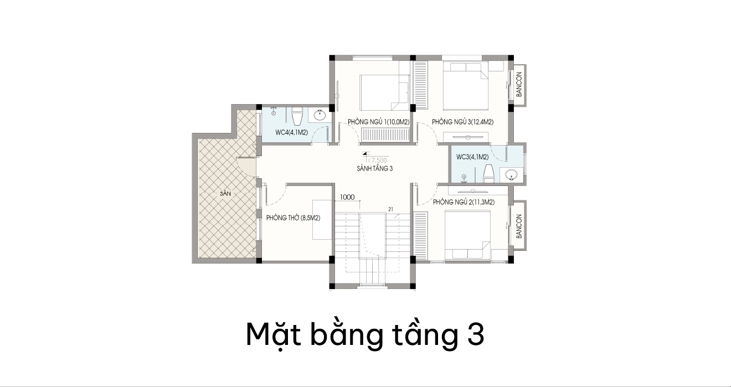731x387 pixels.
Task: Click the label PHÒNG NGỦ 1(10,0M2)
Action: (x=379, y=122)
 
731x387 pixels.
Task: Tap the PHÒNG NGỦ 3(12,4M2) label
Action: (x=463, y=122)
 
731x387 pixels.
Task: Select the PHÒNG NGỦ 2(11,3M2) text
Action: (x=464, y=202)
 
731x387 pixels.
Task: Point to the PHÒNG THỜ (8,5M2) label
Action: (x=293, y=218)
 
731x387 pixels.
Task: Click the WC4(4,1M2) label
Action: (x=291, y=132)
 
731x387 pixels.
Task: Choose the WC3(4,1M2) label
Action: (x=472, y=157)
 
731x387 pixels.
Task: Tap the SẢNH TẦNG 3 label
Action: (x=374, y=169)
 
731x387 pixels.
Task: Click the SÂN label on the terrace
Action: (x=225, y=194)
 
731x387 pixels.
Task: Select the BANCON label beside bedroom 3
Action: (x=519, y=84)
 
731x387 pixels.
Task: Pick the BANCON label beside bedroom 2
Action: (x=519, y=226)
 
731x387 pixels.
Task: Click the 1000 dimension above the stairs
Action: (x=347, y=197)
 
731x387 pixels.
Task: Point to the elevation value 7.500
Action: (x=377, y=160)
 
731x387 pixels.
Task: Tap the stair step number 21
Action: (x=390, y=209)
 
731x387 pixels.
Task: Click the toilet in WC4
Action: (x=297, y=116)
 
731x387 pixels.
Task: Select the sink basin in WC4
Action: (x=320, y=115)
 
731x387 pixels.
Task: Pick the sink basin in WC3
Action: (x=511, y=175)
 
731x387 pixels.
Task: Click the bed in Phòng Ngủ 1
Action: (x=385, y=93)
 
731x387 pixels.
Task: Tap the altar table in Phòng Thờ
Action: (x=322, y=220)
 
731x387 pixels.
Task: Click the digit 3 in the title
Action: (x=476, y=334)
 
